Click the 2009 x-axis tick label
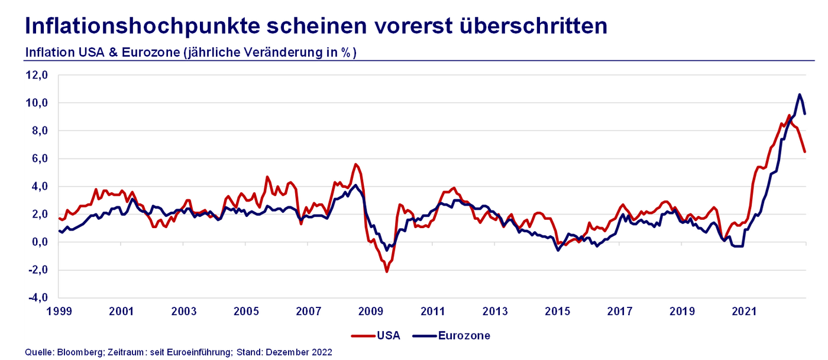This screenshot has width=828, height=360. click(x=371, y=311)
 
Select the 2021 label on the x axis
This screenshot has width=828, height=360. click(x=744, y=311)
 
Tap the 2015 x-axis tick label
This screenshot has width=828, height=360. click(x=558, y=311)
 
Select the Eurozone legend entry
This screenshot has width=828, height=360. click(x=464, y=336)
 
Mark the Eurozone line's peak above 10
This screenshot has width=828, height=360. click(x=800, y=95)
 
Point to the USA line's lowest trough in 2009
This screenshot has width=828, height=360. click(x=387, y=271)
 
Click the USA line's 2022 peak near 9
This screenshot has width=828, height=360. click(x=789, y=115)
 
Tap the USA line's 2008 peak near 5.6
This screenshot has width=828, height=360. click(x=355, y=164)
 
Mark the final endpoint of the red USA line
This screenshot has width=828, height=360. click(x=805, y=152)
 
